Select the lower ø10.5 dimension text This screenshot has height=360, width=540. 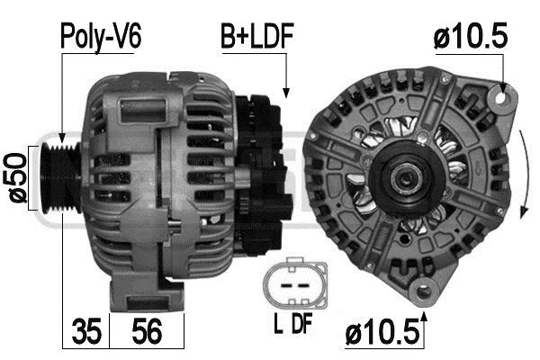click(x=383, y=335)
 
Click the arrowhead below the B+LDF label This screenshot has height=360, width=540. click(x=286, y=92)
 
